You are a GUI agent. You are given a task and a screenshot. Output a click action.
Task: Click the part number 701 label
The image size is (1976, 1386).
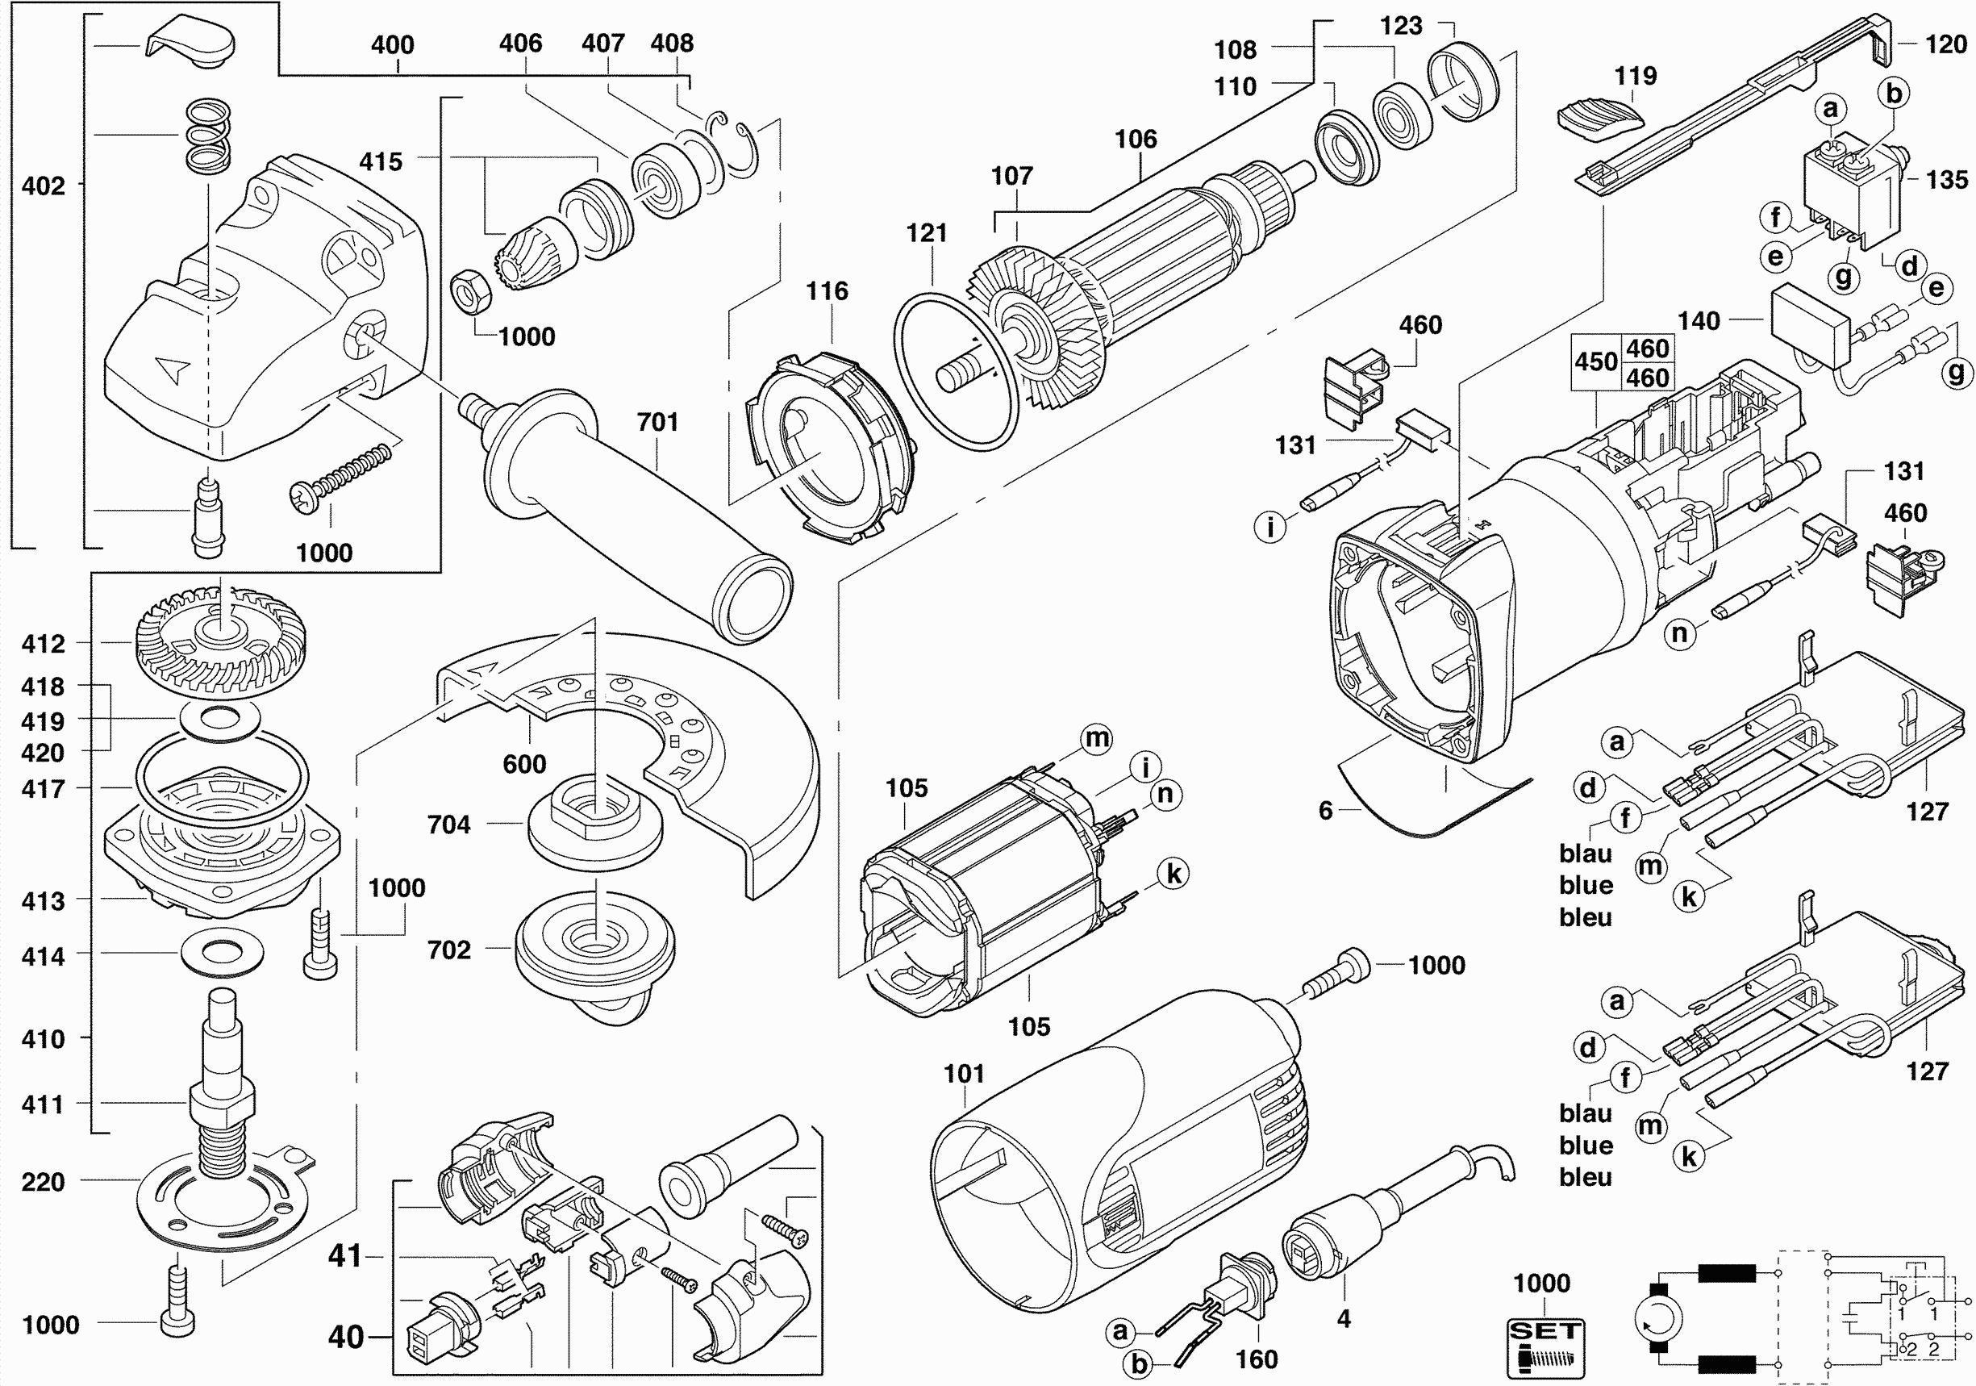[x=657, y=422]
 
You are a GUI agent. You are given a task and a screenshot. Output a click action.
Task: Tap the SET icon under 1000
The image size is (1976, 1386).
[x=1545, y=1348]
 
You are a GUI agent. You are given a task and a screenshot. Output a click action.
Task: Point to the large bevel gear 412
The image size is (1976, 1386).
[x=220, y=641]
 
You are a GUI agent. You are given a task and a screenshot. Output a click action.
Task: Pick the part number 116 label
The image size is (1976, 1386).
[x=827, y=291]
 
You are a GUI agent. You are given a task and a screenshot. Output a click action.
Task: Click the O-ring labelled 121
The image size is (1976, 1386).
[x=954, y=371]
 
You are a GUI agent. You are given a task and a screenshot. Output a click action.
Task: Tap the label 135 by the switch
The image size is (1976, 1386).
[x=1947, y=180]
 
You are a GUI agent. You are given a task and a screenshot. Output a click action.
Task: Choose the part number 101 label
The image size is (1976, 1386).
[x=964, y=1074]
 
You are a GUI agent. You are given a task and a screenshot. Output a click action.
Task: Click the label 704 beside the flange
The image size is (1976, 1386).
[x=449, y=824]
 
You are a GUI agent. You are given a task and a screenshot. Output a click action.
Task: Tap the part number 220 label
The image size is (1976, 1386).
[x=43, y=1181]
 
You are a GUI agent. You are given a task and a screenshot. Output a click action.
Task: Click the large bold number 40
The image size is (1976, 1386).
[x=346, y=1336]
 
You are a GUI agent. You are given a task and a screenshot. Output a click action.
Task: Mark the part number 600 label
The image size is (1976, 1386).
[x=524, y=764]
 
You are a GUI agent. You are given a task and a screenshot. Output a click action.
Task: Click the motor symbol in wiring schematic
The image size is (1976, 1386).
[x=1657, y=1318]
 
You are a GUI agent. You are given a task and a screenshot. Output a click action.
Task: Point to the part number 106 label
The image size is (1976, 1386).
[x=1136, y=139]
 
